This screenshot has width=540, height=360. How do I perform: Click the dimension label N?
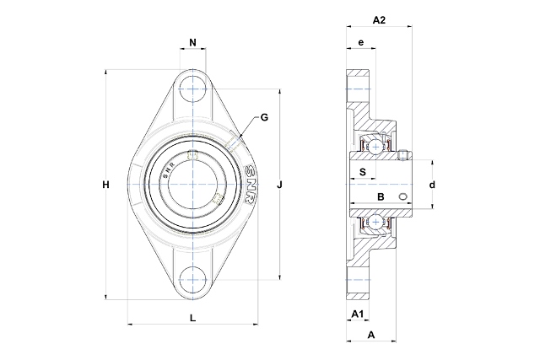[x=192, y=43]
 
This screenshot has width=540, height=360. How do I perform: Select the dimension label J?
[x=279, y=185]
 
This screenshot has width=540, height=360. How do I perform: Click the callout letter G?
[x=264, y=117]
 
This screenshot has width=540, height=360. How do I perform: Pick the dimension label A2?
[x=379, y=20]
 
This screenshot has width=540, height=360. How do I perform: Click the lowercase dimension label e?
[x=360, y=42]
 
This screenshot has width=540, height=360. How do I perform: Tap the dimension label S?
[x=362, y=172]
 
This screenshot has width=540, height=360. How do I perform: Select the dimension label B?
[x=381, y=196]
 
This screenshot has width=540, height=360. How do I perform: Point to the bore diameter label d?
[x=431, y=184]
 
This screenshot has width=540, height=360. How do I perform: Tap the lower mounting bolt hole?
[x=193, y=279]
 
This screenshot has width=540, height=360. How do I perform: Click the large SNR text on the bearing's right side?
[x=250, y=185]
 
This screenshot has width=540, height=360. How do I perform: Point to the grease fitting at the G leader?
[x=235, y=138]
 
